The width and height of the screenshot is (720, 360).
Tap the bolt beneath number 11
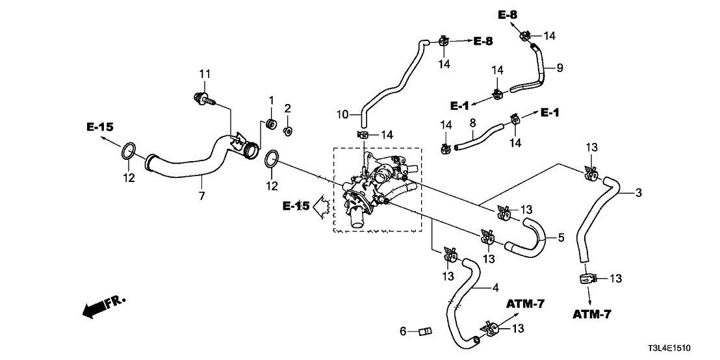(204, 99)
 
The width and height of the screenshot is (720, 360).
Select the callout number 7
(201, 195)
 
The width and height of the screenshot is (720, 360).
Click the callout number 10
(343, 114)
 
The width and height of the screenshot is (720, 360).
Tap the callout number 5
(560, 238)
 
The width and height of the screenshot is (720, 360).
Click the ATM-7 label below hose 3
(593, 315)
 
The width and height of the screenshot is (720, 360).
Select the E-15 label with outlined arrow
(296, 206)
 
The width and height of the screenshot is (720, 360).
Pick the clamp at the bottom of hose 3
(587, 279)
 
